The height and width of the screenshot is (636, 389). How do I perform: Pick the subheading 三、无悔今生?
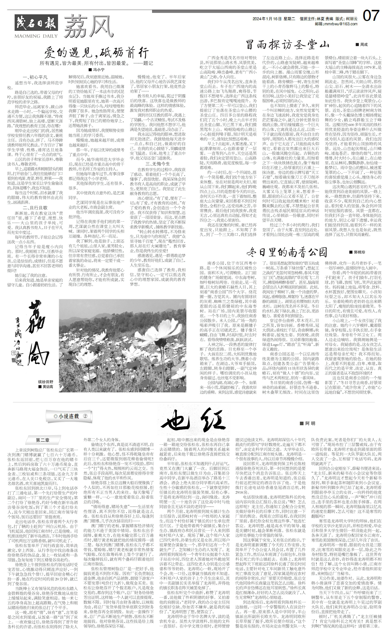(x=158, y=164)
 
